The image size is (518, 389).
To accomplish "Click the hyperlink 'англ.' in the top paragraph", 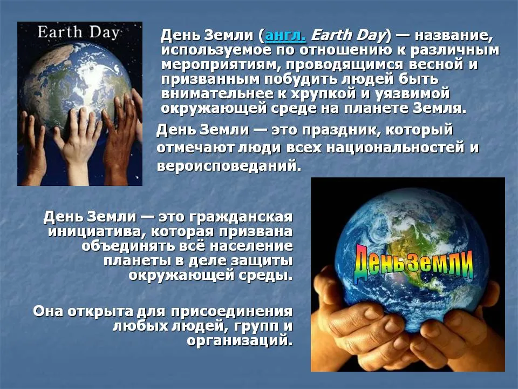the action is (x=285, y=36).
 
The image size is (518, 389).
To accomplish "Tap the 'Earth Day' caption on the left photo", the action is (x=78, y=32).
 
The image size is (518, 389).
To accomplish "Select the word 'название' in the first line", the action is (x=453, y=36).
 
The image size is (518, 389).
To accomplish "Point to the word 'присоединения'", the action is (x=231, y=312).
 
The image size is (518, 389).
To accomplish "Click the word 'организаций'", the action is (x=240, y=340).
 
